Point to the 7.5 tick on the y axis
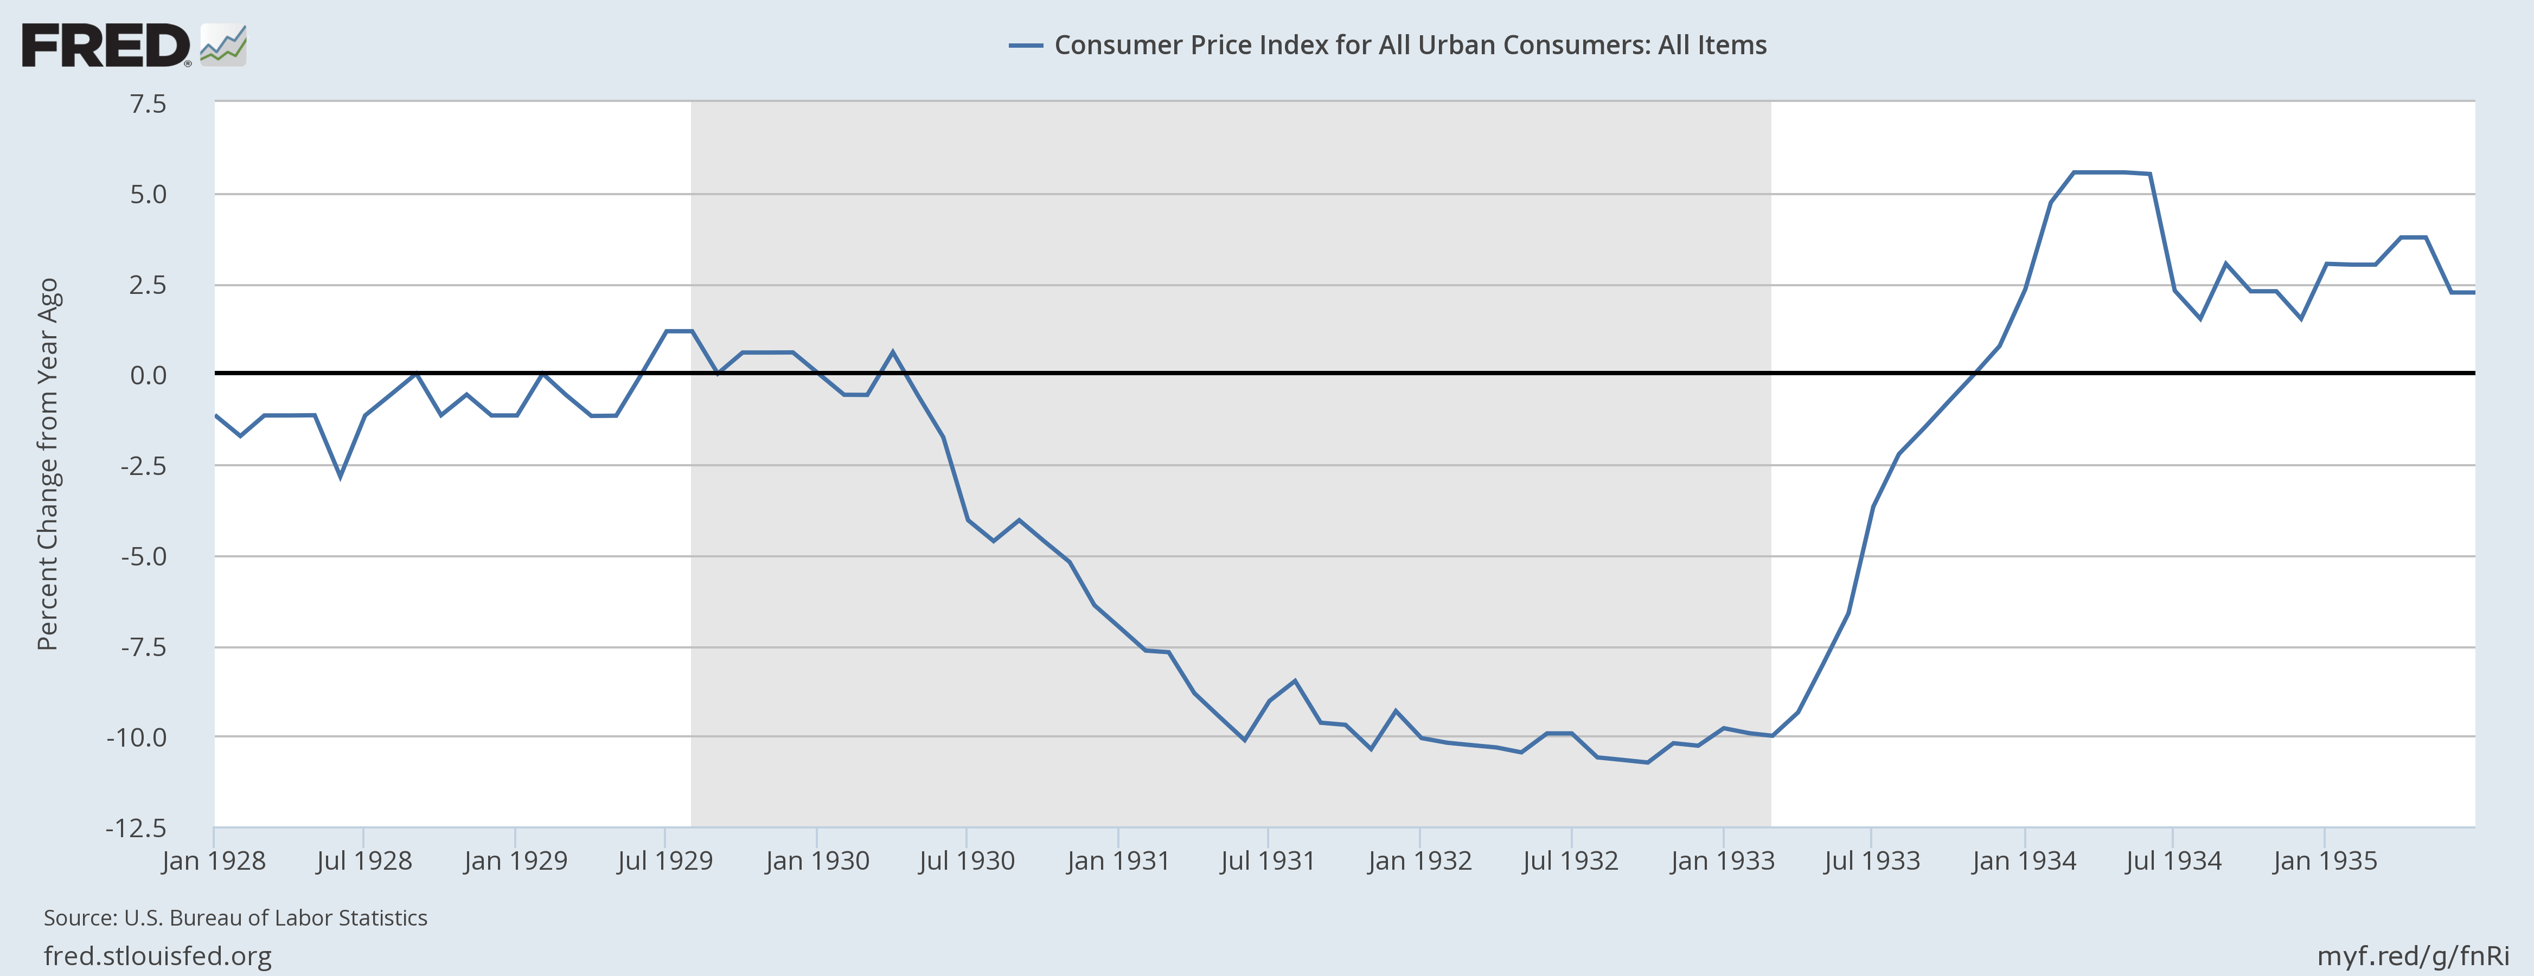click(x=148, y=104)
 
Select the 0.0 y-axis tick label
click(x=148, y=375)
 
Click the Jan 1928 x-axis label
click(x=214, y=861)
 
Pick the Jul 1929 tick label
click(x=665, y=861)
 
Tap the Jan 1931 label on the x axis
click(x=1117, y=861)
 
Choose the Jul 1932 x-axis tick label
click(x=1570, y=861)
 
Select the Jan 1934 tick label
click(x=2024, y=861)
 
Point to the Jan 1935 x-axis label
click(x=2325, y=861)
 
